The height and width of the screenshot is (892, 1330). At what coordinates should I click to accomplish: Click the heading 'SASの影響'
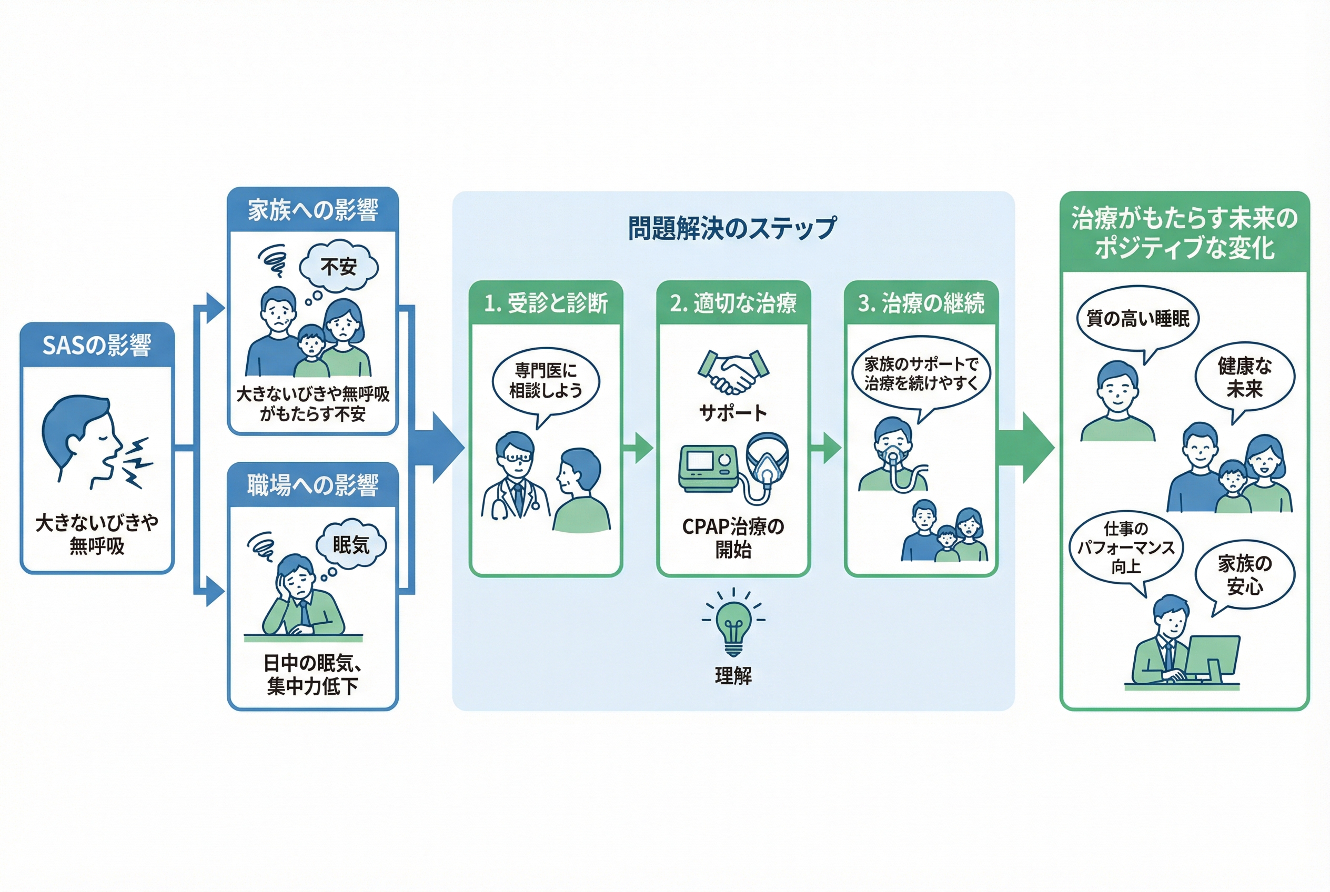click(97, 344)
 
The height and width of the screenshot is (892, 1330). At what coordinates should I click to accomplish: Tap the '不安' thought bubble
click(339, 266)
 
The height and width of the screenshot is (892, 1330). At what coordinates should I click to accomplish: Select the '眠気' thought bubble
click(351, 544)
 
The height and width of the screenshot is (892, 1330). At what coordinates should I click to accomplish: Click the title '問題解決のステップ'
click(732, 228)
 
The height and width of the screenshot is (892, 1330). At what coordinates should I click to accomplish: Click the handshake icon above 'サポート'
click(733, 372)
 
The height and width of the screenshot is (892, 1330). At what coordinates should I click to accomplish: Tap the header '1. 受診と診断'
click(546, 302)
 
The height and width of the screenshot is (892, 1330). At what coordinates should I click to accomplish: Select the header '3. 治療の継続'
click(921, 302)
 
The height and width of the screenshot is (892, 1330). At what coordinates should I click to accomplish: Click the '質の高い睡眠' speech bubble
click(1137, 319)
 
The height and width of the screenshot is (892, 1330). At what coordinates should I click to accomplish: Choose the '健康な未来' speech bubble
click(1245, 378)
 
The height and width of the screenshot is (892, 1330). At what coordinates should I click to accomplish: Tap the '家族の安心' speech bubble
click(1245, 574)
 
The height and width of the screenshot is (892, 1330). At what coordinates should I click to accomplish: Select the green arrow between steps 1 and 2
click(639, 448)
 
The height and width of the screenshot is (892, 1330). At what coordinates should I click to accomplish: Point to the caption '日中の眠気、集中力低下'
click(313, 674)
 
